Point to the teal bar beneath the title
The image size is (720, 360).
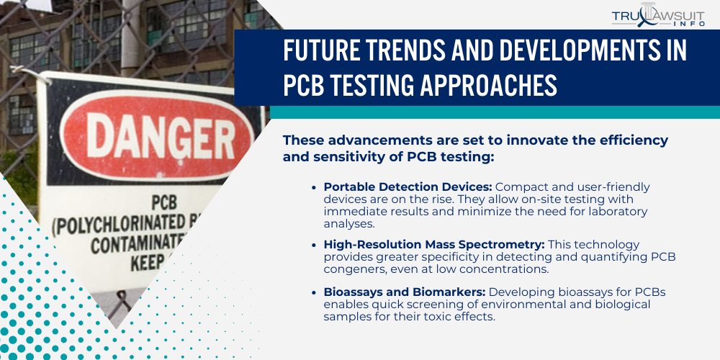[494, 112]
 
